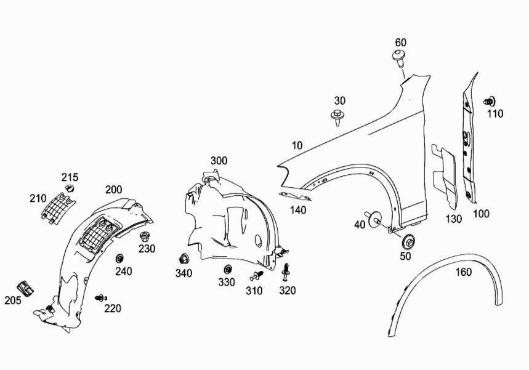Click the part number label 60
pyautogui.click(x=400, y=42)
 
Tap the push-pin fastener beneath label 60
pyautogui.click(x=398, y=60)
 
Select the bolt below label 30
pyautogui.click(x=337, y=115)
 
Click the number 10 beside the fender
pyautogui.click(x=297, y=145)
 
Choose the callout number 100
pyautogui.click(x=481, y=214)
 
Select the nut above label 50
pyautogui.click(x=408, y=239)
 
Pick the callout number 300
pyautogui.click(x=219, y=161)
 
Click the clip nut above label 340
pyautogui.click(x=183, y=259)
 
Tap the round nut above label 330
pyautogui.click(x=227, y=268)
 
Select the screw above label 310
pyautogui.click(x=258, y=275)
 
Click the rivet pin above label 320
pyautogui.click(x=286, y=271)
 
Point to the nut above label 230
pyautogui.click(x=145, y=237)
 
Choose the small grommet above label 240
pyautogui.click(x=120, y=257)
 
